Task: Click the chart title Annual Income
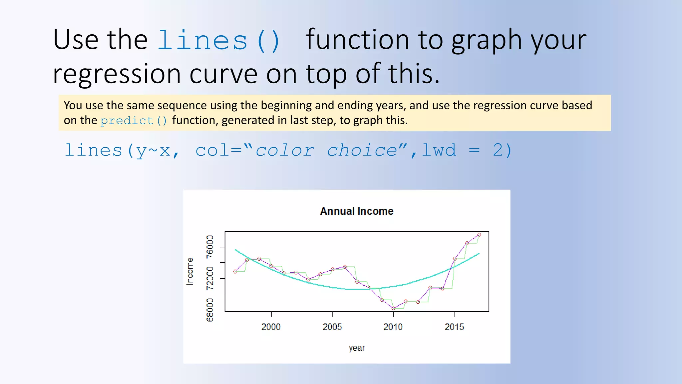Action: click(x=357, y=211)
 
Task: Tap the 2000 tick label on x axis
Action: click(x=271, y=327)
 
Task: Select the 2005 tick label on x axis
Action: click(x=332, y=327)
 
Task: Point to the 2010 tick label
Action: click(x=393, y=327)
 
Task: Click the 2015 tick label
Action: click(x=454, y=327)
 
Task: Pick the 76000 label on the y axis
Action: click(x=210, y=247)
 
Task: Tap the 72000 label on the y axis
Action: click(x=210, y=278)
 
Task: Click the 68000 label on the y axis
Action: click(x=210, y=310)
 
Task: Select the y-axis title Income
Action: click(x=189, y=271)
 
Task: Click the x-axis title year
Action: click(x=357, y=348)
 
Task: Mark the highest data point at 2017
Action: click(x=479, y=235)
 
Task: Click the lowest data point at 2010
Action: click(x=393, y=308)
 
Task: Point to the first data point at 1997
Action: click(x=235, y=272)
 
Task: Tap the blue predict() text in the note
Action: click(x=134, y=121)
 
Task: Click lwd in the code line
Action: click(x=439, y=150)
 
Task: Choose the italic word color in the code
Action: click(x=285, y=150)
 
